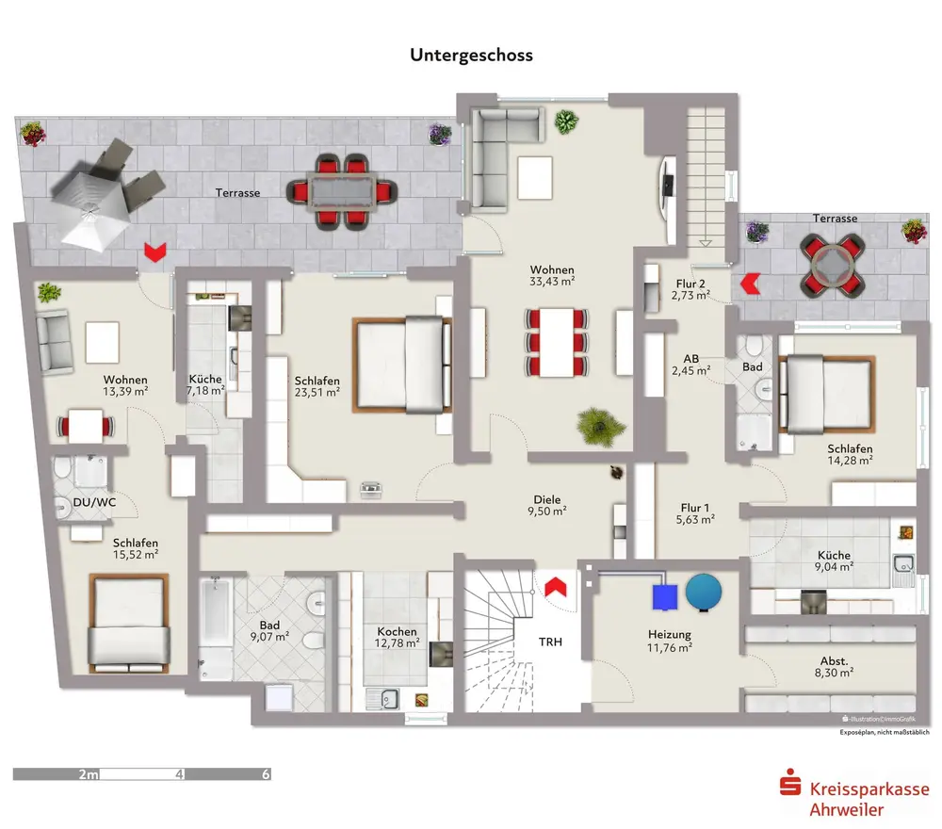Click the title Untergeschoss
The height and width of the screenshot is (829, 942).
tap(471, 55)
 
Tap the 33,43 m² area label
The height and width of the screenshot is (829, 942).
tap(552, 280)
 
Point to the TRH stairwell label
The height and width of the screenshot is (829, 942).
tap(551, 642)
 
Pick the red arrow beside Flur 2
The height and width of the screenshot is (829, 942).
tap(752, 282)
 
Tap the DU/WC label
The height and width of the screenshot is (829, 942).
tap(94, 502)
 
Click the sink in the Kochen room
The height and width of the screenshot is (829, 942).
tap(385, 699)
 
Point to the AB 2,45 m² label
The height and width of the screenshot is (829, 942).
tap(697, 365)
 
